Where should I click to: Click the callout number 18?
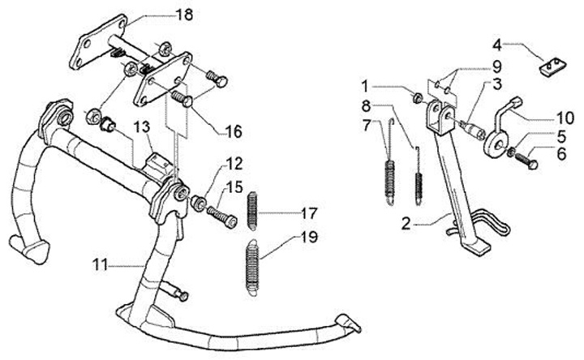click(x=184, y=15)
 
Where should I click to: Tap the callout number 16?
click(x=234, y=131)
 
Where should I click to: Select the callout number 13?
click(x=142, y=127)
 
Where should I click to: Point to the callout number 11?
click(x=100, y=265)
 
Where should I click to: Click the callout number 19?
click(x=309, y=237)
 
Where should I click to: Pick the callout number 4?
click(x=497, y=45)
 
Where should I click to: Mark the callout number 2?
click(x=406, y=224)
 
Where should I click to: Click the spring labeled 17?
click(x=253, y=211)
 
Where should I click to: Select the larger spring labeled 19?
click(x=252, y=268)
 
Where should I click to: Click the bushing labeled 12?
click(x=198, y=202)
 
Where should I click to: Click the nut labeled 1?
click(x=418, y=98)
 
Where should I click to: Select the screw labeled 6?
click(x=526, y=161)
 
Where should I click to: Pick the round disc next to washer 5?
click(x=496, y=144)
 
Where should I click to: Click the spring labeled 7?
click(x=389, y=162)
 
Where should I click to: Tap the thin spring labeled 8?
click(x=419, y=175)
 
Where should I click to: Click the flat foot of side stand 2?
click(x=474, y=247)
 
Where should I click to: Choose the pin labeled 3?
click(x=472, y=128)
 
